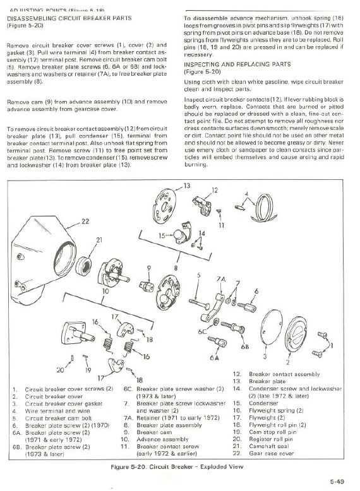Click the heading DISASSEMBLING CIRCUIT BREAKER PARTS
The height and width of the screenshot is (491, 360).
pos(69,18)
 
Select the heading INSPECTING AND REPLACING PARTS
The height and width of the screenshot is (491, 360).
pos(237,64)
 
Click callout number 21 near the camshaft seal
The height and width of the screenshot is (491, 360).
pos(99,240)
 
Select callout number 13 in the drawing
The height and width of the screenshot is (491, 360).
pos(186,186)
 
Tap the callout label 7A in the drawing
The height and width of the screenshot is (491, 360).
pos(220,278)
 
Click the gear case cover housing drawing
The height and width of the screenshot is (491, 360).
pos(51,252)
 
